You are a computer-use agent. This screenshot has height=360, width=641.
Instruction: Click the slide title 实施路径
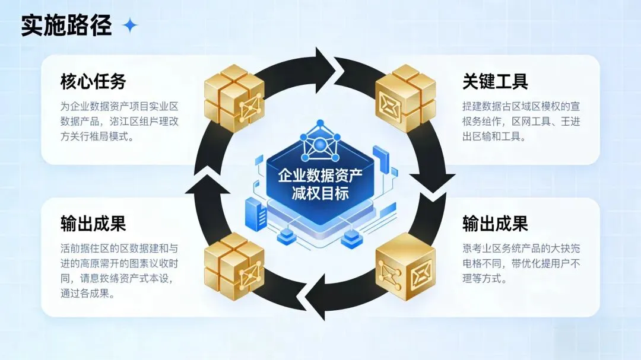(x=66, y=26)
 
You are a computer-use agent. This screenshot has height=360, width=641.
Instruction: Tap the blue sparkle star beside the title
(x=129, y=26)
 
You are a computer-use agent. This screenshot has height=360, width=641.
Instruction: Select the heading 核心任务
(x=93, y=82)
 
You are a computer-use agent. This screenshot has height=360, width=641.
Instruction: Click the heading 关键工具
(x=495, y=82)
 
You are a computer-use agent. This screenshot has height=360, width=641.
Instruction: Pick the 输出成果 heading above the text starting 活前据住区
(x=93, y=224)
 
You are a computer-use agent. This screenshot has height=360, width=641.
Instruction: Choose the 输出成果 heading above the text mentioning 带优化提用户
(x=495, y=224)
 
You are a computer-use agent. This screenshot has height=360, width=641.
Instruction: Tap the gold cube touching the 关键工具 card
(x=405, y=97)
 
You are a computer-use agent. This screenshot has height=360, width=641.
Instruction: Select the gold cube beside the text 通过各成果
(x=234, y=264)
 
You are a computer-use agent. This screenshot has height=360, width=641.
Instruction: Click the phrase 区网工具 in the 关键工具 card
(x=534, y=122)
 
